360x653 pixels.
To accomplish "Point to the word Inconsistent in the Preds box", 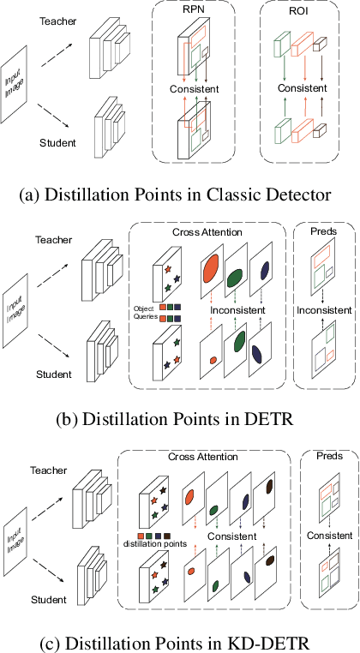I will pos(324,309).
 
